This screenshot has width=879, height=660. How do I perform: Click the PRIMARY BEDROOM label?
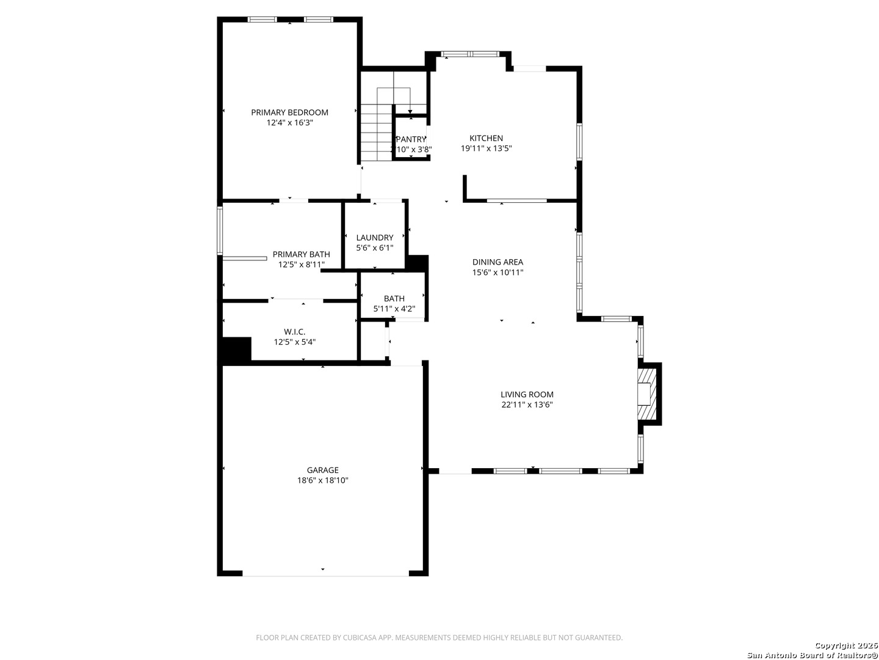point(289,112)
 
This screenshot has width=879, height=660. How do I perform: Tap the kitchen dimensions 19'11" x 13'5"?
point(486,148)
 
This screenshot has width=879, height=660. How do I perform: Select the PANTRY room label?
point(411,139)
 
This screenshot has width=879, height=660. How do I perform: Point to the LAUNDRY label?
point(374,238)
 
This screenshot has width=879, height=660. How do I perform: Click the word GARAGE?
point(322,470)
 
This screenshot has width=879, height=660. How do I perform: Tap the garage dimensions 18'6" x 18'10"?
point(322,480)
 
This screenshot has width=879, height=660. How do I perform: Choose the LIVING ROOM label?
point(527,394)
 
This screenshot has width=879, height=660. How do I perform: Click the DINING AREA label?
point(497,262)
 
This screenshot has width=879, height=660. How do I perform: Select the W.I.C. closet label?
point(294,332)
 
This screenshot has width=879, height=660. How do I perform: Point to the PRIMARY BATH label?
point(301,254)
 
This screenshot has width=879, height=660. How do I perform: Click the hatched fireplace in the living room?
point(646,394)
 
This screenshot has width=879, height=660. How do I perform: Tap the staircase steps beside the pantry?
point(377,132)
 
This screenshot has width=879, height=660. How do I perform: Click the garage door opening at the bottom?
point(325,576)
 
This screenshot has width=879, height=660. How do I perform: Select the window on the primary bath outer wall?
point(220,230)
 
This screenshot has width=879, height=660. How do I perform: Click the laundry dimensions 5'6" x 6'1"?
point(374,248)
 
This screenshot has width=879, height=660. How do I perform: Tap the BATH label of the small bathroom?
point(394,299)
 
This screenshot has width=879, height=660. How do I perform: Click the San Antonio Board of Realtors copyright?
point(812,650)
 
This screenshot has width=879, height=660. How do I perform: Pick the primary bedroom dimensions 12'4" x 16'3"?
point(289,123)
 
